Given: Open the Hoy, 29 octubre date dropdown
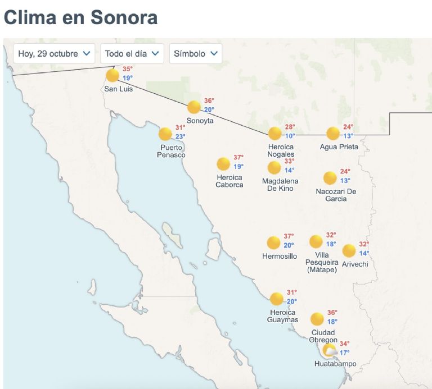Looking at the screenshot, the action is (x=53, y=54).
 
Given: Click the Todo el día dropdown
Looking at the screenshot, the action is (x=132, y=54).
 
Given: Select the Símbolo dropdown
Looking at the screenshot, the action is (x=195, y=54).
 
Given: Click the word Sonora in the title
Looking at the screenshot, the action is (x=124, y=17).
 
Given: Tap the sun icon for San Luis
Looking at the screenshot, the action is (x=112, y=75).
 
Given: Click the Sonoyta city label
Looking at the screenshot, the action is (x=200, y=121).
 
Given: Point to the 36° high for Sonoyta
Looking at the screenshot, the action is (x=209, y=100).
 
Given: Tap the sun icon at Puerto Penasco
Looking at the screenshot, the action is (x=165, y=134).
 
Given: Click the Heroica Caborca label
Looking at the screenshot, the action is (x=229, y=181).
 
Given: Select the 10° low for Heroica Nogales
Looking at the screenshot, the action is (x=290, y=136).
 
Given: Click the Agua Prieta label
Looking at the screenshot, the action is (x=339, y=147).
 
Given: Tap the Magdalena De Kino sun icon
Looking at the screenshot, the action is (x=274, y=167).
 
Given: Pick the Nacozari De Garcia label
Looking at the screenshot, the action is (x=336, y=195).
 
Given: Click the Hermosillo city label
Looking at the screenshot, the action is (x=280, y=257).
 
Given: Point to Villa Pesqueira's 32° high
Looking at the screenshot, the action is (x=331, y=235).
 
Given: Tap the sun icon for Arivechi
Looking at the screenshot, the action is (x=349, y=250).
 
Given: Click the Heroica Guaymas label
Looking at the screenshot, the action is (x=282, y=316).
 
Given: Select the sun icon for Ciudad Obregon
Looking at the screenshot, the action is (x=317, y=319).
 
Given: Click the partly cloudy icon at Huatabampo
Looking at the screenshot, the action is (x=328, y=351).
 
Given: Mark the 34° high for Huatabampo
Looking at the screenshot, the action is (x=344, y=344).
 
